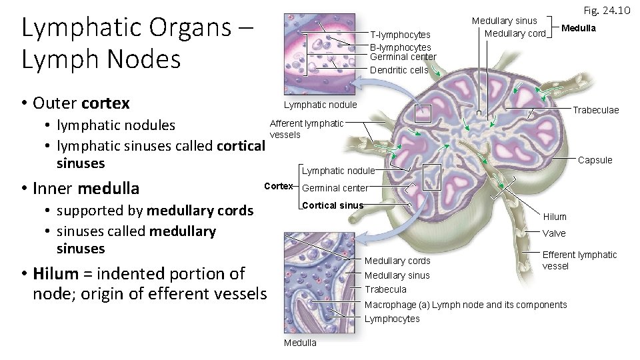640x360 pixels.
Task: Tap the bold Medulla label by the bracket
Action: (x=578, y=28)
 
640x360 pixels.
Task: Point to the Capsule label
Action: (x=595, y=160)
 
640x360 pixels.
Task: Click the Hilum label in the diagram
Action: (x=555, y=217)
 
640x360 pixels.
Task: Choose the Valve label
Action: (x=554, y=233)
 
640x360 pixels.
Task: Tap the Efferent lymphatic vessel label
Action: (x=579, y=260)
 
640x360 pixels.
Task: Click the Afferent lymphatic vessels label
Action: (x=306, y=129)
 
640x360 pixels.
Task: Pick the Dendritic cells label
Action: (x=399, y=70)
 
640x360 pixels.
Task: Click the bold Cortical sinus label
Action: (x=333, y=205)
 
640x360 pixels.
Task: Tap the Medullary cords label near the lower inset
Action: (x=397, y=260)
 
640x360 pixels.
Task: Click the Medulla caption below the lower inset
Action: (x=300, y=343)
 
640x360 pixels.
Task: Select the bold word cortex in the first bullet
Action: (x=105, y=103)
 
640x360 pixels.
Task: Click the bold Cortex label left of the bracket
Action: (x=279, y=185)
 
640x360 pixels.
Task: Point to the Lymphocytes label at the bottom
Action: (x=392, y=319)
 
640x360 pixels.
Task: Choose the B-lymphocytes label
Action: (x=401, y=47)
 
